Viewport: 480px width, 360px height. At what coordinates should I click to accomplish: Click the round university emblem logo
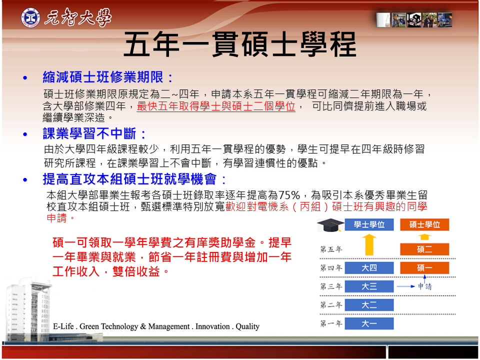coord(30,17)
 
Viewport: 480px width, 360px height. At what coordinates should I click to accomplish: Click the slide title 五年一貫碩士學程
coord(240,44)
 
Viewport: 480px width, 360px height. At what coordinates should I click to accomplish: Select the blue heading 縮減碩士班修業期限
coord(103,77)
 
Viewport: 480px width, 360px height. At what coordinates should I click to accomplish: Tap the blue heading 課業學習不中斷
coord(89,133)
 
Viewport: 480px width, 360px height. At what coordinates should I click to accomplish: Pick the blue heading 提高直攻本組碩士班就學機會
coord(129,179)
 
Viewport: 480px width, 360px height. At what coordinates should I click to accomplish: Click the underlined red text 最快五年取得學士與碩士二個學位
coord(216,106)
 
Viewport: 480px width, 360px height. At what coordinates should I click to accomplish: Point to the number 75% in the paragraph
coord(289,195)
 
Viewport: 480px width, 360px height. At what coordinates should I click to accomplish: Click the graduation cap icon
coord(330,225)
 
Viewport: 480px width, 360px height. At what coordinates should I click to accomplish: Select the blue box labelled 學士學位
coord(369,224)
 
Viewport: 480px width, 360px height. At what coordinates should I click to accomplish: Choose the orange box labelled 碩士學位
coord(424,224)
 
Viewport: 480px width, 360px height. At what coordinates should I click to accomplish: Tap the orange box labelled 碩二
coord(424,249)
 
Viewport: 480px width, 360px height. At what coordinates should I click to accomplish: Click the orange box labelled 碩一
coord(424,268)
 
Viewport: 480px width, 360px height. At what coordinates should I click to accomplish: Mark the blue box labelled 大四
coord(369,268)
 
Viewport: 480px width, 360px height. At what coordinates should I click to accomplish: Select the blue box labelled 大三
coord(369,286)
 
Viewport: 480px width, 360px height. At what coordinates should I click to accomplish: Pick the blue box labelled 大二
coord(369,305)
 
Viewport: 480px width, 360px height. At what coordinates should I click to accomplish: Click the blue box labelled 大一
coord(369,323)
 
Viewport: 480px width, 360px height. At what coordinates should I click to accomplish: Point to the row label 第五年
coord(331,249)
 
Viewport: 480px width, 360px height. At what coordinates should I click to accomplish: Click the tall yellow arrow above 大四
coord(369,244)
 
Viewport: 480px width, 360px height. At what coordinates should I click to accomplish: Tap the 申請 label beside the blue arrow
coord(425,286)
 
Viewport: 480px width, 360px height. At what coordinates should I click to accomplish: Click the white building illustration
coord(29,309)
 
